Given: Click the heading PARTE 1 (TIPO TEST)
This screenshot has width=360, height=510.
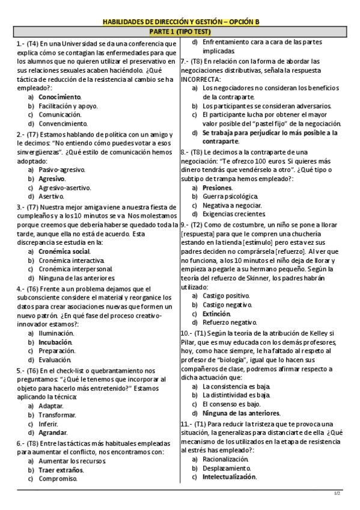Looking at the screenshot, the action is [179, 30].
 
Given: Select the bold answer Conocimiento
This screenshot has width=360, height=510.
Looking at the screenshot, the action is [59, 96].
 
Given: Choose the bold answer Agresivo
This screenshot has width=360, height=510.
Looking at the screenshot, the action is [52, 179].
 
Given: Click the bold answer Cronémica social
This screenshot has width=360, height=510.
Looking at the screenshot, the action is [64, 251].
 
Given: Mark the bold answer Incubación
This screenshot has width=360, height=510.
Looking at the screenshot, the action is [55, 342].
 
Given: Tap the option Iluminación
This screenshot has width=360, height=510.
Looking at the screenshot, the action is [56, 333].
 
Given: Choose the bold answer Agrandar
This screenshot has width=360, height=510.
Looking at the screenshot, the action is [53, 432].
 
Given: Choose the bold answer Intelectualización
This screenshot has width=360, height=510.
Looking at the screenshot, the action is [230, 477].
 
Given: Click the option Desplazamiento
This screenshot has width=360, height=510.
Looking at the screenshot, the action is [227, 468].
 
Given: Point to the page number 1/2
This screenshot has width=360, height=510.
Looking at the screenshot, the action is [337, 493].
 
